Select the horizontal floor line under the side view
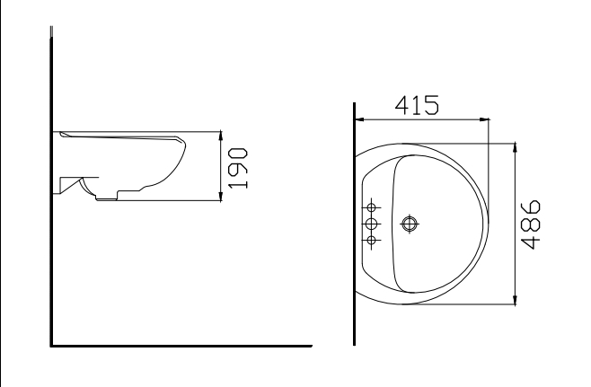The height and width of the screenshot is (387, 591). (180, 345)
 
